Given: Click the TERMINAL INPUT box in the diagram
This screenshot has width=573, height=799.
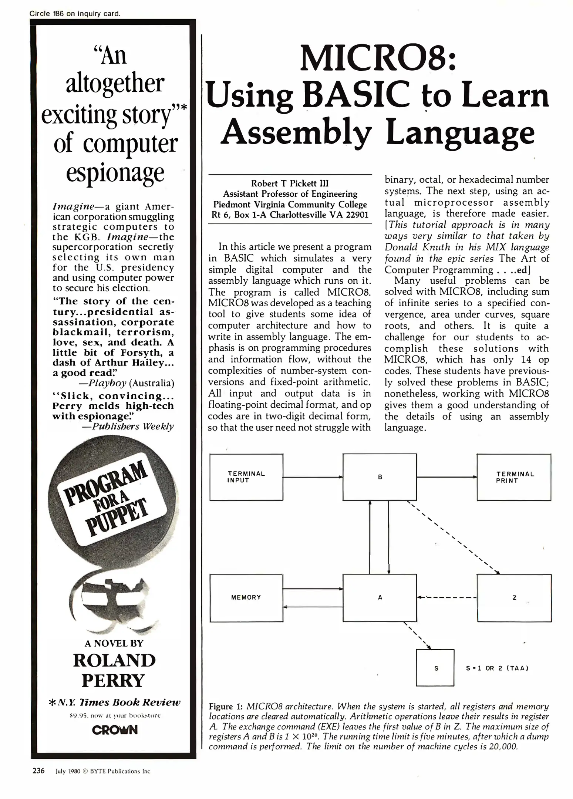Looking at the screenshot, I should click(x=246, y=477).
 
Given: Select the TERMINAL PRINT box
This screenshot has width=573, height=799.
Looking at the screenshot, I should click(x=514, y=477).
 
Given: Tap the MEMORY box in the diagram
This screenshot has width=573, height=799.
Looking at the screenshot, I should click(x=246, y=597).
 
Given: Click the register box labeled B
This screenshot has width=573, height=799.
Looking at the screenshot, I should click(x=380, y=477).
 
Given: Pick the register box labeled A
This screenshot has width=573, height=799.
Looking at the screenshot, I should click(x=380, y=597).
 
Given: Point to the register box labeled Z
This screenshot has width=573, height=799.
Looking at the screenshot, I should click(x=514, y=598).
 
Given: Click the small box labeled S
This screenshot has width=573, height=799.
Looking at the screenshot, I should click(x=435, y=667).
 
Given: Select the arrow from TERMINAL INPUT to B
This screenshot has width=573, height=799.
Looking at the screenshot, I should click(x=313, y=477).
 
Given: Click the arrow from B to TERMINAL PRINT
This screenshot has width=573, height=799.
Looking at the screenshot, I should click(x=446, y=477).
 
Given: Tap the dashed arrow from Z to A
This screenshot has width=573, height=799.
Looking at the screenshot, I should click(x=446, y=597).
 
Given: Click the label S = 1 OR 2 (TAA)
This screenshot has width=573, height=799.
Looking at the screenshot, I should click(x=497, y=668).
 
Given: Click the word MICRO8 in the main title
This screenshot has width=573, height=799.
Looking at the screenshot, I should click(x=377, y=59).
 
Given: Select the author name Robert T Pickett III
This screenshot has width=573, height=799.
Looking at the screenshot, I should click(x=290, y=183).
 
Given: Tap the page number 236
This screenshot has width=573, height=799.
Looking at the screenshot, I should click(x=38, y=771).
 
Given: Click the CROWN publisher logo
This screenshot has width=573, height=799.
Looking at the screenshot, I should click(x=115, y=730).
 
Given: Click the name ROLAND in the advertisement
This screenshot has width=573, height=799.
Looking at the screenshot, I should click(x=114, y=660).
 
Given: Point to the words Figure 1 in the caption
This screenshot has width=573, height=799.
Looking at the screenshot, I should click(x=225, y=707).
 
